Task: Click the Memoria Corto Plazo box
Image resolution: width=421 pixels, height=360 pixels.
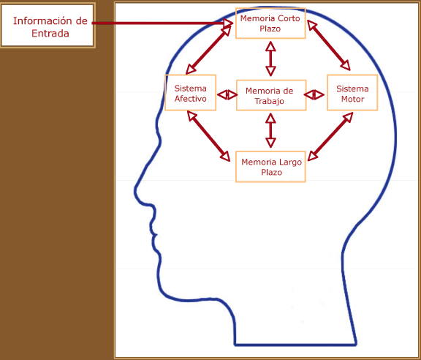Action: pyautogui.click(x=270, y=23)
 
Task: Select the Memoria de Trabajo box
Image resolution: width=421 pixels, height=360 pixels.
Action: pyautogui.click(x=271, y=95)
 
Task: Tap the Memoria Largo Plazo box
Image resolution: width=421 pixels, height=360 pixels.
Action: pyautogui.click(x=270, y=167)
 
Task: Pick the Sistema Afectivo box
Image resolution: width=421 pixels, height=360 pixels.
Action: pyautogui.click(x=190, y=93)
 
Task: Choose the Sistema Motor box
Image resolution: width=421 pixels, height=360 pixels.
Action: pyautogui.click(x=352, y=93)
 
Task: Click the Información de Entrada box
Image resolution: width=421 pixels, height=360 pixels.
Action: pyautogui.click(x=48, y=26)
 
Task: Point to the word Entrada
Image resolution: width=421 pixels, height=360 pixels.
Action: pyautogui.click(x=50, y=34)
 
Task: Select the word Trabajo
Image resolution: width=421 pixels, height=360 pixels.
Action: pyautogui.click(x=269, y=102)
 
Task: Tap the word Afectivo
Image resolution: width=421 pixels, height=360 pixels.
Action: pyautogui.click(x=190, y=99)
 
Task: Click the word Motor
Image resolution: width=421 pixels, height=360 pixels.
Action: pyautogui.click(x=352, y=99)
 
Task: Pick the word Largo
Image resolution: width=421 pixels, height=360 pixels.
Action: pyautogui.click(x=290, y=162)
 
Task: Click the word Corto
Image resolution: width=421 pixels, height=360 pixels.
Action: pyautogui.click(x=289, y=18)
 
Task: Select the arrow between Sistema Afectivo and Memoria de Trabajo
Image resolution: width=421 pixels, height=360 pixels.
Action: pyautogui.click(x=227, y=94)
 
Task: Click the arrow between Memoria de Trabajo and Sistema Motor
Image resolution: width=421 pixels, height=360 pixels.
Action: pyautogui.click(x=314, y=94)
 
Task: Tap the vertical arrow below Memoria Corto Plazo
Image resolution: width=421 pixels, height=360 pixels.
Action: pyautogui.click(x=270, y=59)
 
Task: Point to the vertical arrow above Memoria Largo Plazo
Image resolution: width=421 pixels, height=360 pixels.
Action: pyautogui.click(x=270, y=130)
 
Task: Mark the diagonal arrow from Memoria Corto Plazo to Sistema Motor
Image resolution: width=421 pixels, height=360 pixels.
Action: pyautogui.click(x=329, y=45)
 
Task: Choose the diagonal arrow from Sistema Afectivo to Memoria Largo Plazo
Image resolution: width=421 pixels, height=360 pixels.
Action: pyautogui.click(x=208, y=136)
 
